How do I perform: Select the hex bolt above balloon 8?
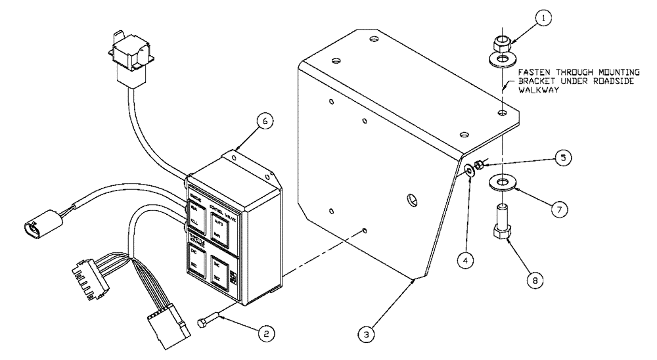pyautogui.click(x=501, y=227)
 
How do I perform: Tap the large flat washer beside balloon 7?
pyautogui.click(x=503, y=181)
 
